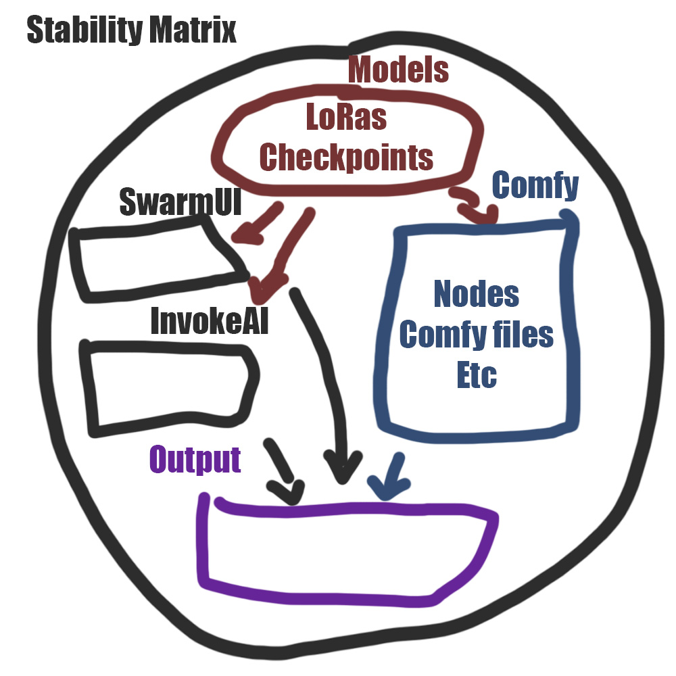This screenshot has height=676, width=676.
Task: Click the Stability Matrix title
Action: pos(131,31)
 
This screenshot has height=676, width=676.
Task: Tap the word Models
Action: pos(399,70)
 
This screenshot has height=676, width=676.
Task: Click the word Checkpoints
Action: pos(346,157)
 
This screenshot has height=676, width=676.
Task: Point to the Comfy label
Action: pos(536,185)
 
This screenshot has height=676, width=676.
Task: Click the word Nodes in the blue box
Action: pos(477,294)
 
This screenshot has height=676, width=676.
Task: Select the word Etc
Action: pos(477,375)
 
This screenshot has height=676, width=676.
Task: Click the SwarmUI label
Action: pos(180,201)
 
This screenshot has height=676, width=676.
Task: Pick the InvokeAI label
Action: pos(210,321)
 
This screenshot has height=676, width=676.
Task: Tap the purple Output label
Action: pos(195,460)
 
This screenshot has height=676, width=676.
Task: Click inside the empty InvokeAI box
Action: pos(169,385)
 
